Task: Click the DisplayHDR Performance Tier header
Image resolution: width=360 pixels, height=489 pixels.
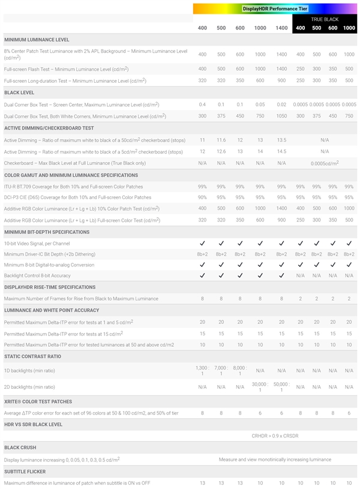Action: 275,8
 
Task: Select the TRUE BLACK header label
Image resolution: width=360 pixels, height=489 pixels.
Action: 325,19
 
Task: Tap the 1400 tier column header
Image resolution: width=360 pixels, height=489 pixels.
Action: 281,28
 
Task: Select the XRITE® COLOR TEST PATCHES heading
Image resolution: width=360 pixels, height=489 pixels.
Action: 38,401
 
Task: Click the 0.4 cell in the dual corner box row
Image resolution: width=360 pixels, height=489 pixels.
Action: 202,104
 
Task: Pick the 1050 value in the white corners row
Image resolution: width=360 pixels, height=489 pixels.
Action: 281,116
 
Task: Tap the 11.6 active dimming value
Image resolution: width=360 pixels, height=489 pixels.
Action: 221,140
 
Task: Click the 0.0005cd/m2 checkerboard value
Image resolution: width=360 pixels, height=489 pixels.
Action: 325,163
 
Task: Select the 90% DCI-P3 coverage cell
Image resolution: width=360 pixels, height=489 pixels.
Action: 202,197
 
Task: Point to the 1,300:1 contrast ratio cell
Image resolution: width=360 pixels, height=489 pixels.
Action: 202,370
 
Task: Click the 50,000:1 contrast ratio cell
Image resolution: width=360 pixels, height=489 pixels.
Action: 281,387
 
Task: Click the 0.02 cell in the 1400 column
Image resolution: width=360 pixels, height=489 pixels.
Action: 281,104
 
